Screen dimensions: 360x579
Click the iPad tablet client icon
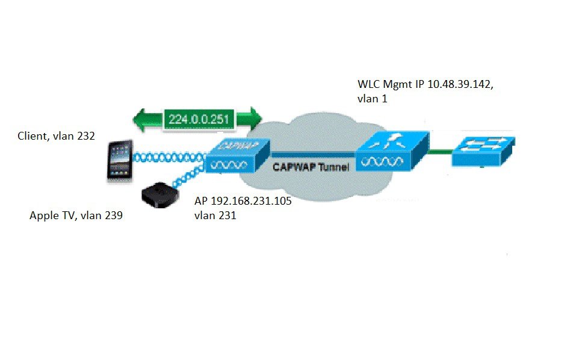pyautogui.click(x=120, y=160)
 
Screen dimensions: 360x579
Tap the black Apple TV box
pyautogui.click(x=159, y=196)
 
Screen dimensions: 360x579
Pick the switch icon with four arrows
pyautogui.click(x=483, y=151)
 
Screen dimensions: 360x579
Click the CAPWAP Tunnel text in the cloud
pyautogui.click(x=310, y=167)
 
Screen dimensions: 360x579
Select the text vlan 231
pyautogui.click(x=215, y=215)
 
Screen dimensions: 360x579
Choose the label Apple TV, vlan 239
pyautogui.click(x=76, y=215)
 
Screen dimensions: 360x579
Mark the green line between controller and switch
pyautogui.click(x=439, y=153)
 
